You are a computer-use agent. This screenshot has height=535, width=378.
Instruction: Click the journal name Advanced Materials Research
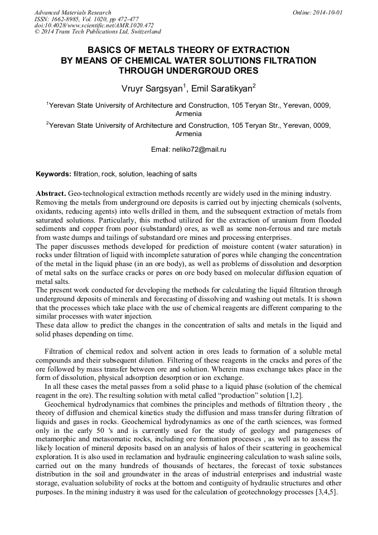pos(72,12)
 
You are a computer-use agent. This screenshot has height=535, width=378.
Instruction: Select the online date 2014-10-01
pos(330,12)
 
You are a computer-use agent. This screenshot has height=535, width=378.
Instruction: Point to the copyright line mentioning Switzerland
pos(98,32)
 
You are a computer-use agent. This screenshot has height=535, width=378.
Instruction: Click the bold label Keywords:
pos(54,174)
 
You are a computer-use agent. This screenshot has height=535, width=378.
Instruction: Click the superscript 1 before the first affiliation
pos(47,103)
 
